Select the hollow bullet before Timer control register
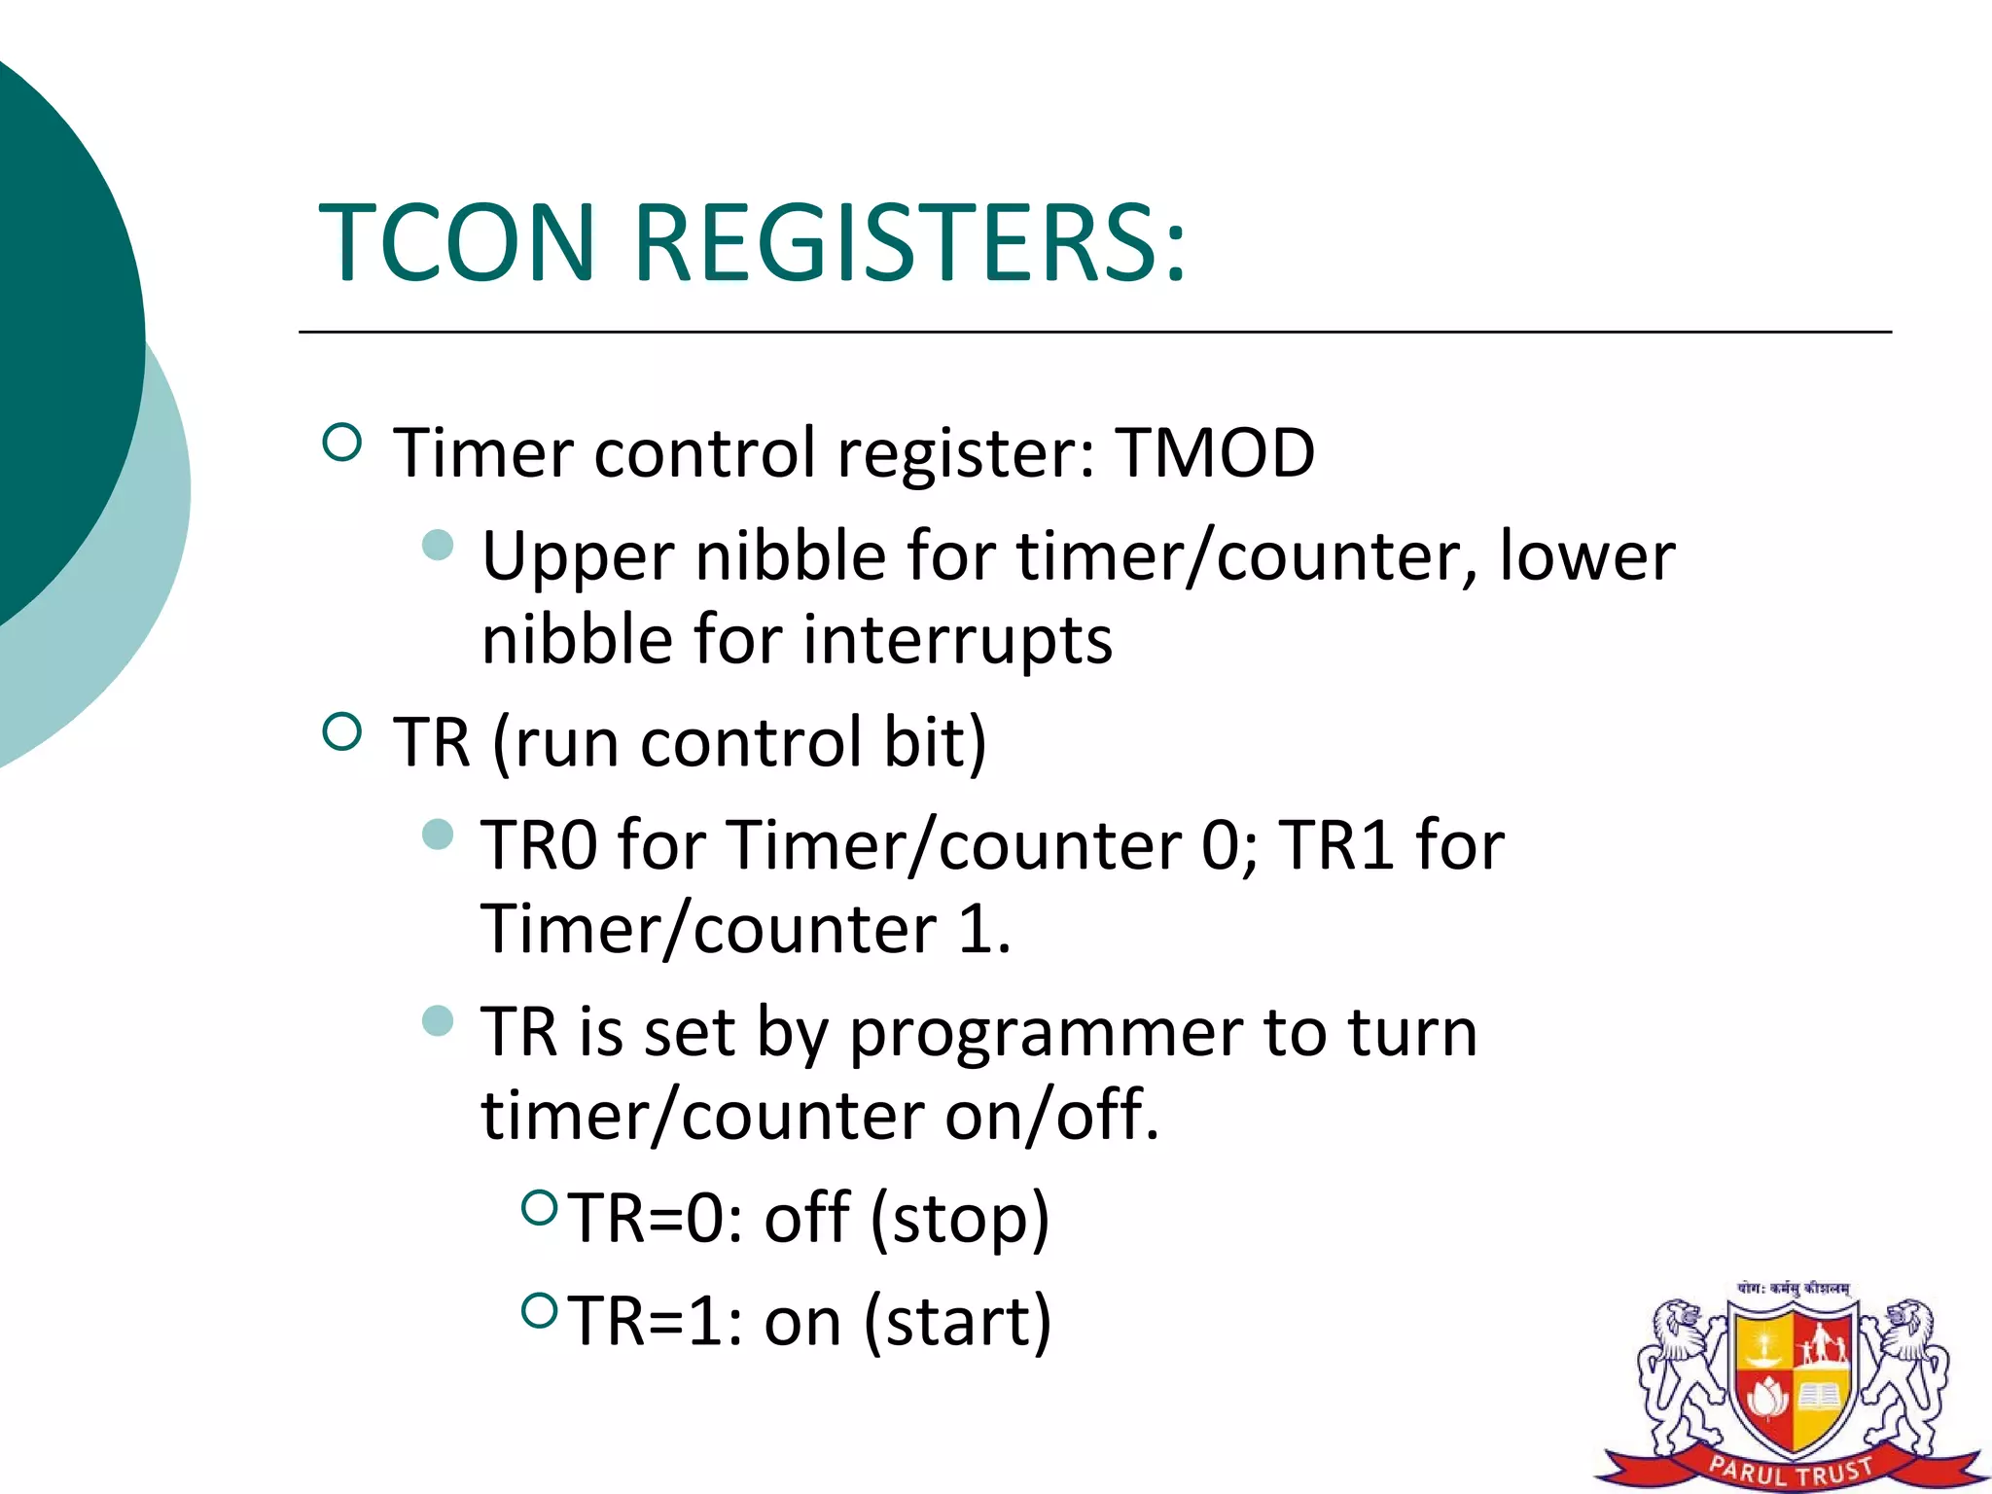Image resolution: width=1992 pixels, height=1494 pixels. [341, 444]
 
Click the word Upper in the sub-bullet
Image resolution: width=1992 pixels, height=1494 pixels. [577, 558]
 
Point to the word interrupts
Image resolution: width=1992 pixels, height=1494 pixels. [957, 640]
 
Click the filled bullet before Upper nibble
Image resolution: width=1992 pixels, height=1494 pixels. [439, 545]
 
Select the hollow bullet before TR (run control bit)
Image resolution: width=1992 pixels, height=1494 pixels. [341, 731]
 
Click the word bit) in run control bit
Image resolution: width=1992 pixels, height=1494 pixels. [934, 742]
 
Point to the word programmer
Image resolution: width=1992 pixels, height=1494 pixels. [1045, 1033]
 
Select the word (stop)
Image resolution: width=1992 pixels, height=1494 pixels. [959, 1219]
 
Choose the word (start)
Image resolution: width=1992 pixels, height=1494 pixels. [957, 1322]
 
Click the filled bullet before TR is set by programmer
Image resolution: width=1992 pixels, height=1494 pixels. [439, 1020]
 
